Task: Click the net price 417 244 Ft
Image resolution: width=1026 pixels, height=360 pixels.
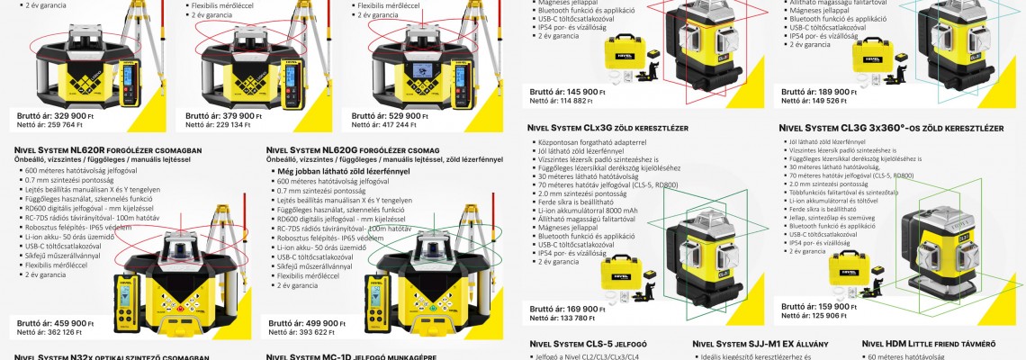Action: [x=391, y=126]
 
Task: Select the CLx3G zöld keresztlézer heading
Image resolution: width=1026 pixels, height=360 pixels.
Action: [x=607, y=129]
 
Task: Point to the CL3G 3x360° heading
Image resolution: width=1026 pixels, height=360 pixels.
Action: [x=891, y=129]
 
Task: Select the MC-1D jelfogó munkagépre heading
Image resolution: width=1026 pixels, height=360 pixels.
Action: [x=351, y=356]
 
